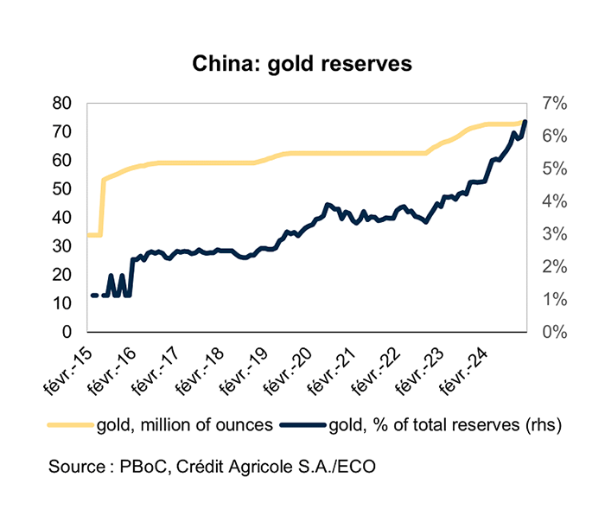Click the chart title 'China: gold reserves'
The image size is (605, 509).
302,65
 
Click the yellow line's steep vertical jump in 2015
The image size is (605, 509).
102,207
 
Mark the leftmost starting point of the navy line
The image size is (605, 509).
92,296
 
